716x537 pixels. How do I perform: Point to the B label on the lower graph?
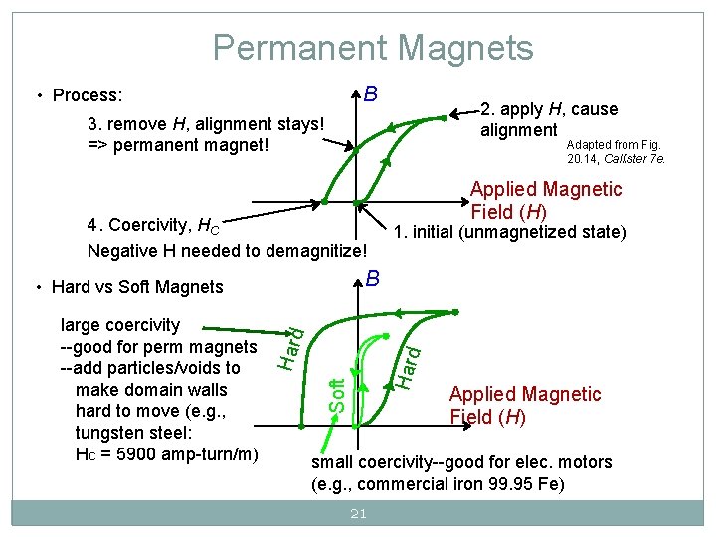point(370,278)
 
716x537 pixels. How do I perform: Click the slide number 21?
point(358,514)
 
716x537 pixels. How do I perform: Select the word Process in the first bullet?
point(87,96)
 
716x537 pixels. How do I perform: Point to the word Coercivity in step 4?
point(152,224)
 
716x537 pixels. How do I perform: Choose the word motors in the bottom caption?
point(586,462)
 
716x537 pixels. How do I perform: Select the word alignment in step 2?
point(518,130)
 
